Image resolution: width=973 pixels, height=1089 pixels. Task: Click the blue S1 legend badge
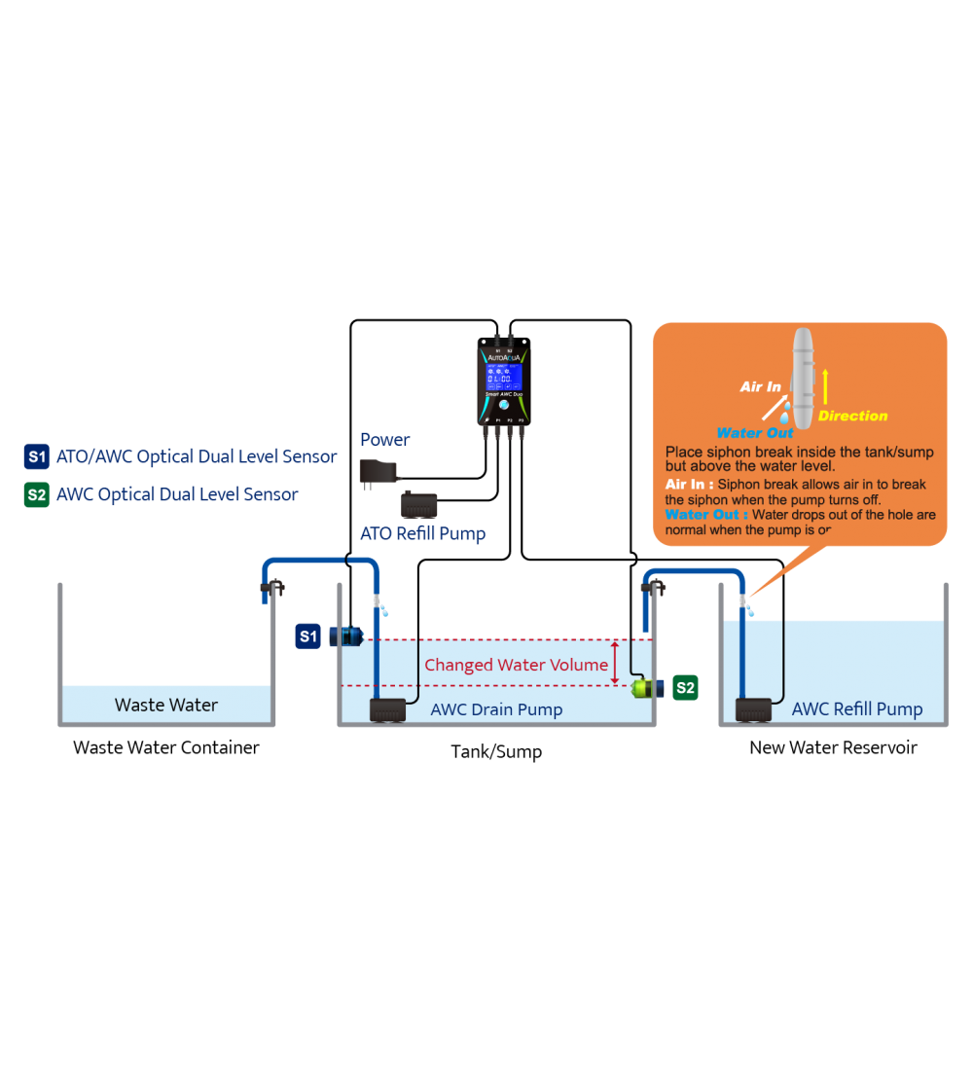point(36,456)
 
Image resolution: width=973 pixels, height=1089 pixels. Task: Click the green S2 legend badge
point(36,494)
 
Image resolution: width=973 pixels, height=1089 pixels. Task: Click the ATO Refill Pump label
point(422,533)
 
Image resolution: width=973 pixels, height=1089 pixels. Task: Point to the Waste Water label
point(166,705)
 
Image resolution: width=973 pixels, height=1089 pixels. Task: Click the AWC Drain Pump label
point(496,709)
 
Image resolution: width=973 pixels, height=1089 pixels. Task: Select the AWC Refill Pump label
point(857,709)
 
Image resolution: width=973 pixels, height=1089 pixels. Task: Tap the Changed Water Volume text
point(516,666)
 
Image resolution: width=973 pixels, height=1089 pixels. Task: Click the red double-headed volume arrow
point(615,663)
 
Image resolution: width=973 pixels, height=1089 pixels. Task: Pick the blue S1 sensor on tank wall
point(345,636)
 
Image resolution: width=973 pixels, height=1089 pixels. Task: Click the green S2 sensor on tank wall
point(646,688)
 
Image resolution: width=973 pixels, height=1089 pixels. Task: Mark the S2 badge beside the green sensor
point(685,688)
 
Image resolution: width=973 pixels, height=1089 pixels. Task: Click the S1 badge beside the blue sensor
point(307,636)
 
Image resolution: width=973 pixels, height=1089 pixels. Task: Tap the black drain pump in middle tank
point(394,710)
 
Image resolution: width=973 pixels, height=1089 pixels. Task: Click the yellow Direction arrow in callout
point(825,385)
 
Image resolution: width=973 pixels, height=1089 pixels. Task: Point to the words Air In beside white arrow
point(760,386)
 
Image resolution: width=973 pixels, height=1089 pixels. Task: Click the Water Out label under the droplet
point(755,433)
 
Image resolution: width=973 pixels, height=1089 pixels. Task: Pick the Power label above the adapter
point(385,440)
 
